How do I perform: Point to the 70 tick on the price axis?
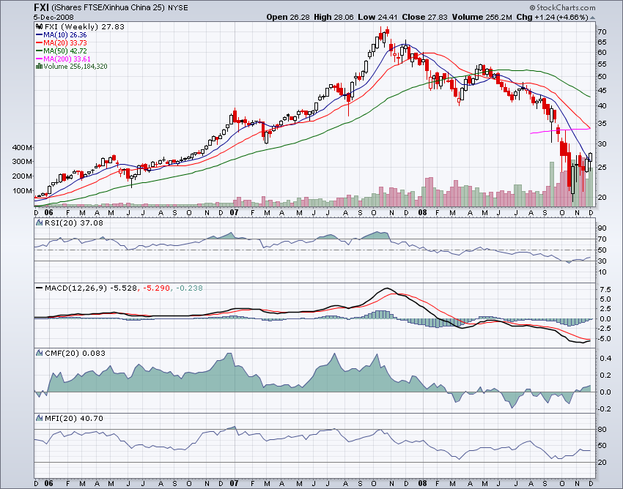coord(602,32)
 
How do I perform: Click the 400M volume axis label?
coord(23,148)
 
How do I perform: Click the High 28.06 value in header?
coord(328,16)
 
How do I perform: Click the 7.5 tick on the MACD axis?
coord(604,290)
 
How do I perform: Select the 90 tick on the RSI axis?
coord(602,228)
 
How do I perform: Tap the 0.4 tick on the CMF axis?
coord(604,359)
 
